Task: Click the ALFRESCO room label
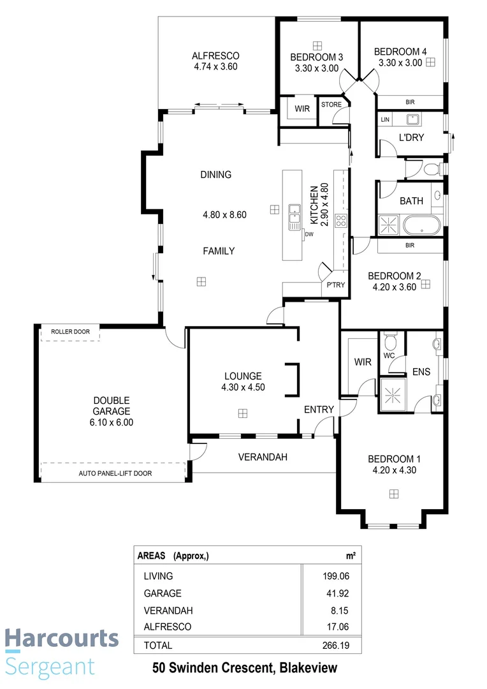coord(215,56)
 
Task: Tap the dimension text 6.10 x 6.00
coord(112,422)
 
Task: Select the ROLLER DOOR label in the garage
coord(71,332)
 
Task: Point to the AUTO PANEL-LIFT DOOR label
coord(115,473)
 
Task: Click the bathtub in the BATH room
coord(419,223)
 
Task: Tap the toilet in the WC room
coord(390,338)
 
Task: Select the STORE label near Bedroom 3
coord(331,105)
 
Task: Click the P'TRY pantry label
coord(335,285)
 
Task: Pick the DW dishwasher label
coord(309,235)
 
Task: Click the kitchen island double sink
coord(294,216)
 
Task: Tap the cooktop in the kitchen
coord(341,221)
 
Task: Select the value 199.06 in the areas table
coord(336,576)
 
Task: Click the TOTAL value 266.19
coord(336,645)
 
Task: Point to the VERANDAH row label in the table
coord(168,610)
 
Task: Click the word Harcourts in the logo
coord(62,638)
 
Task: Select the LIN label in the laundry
coord(384,119)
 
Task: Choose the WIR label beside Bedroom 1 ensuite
coord(363,362)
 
